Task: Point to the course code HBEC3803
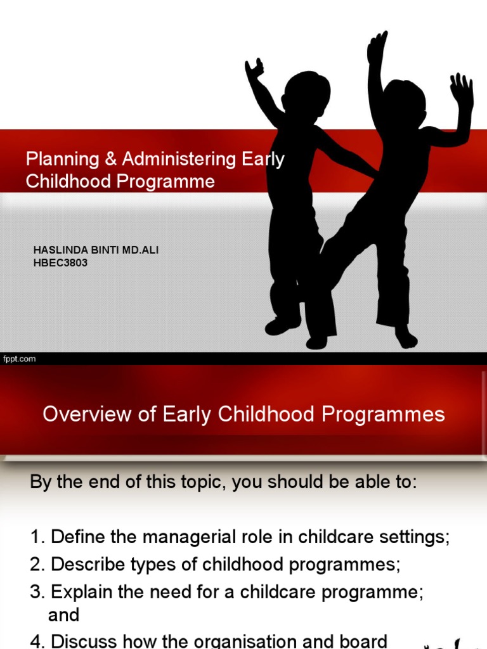point(60,263)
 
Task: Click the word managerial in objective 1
point(175,537)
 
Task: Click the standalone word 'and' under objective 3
point(63,615)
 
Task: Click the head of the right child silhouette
point(404,101)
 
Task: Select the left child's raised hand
point(255,68)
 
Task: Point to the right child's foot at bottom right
point(405,338)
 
